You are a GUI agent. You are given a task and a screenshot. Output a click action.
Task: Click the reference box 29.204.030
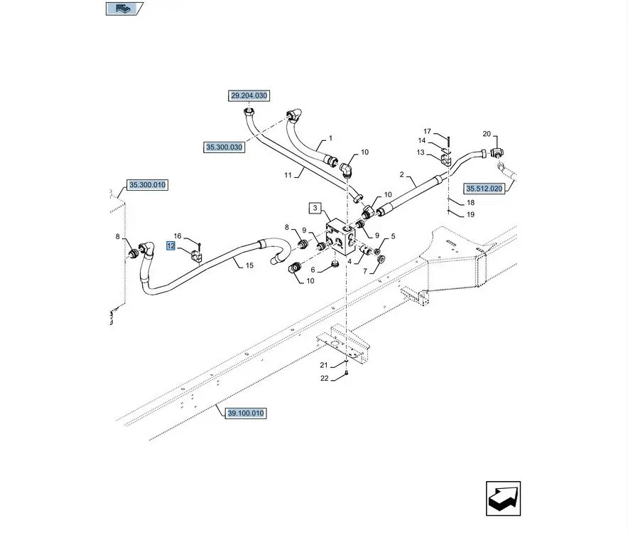(249, 95)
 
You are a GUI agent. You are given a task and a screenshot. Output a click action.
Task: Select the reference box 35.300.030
(224, 147)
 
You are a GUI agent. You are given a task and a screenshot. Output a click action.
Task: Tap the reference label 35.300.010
(147, 185)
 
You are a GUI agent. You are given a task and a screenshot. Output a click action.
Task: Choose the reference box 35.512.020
(484, 189)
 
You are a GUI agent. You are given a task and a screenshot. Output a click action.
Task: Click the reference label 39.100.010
(246, 413)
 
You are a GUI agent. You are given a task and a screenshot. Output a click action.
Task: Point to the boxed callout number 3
(315, 209)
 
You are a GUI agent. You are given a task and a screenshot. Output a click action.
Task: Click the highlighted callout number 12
(170, 246)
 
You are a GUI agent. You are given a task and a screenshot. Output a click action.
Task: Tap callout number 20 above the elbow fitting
(487, 134)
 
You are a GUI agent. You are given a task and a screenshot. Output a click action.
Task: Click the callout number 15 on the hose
(249, 265)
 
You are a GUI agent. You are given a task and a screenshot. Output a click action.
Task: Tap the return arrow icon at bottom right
(503, 499)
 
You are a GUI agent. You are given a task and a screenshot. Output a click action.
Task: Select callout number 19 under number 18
(470, 214)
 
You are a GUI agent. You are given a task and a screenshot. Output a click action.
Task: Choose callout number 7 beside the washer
(366, 271)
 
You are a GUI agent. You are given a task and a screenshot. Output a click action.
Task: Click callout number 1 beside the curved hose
(330, 138)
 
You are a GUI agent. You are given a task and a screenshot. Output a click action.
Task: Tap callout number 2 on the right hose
(402, 174)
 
